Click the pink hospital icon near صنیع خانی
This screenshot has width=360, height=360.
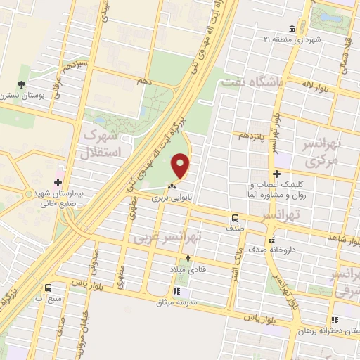[58, 172]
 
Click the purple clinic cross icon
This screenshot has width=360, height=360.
[278, 174]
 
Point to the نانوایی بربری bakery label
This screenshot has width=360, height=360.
[173, 199]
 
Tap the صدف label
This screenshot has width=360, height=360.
[236, 229]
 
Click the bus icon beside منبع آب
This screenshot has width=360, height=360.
[48, 288]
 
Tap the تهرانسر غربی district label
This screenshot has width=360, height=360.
[167, 238]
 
